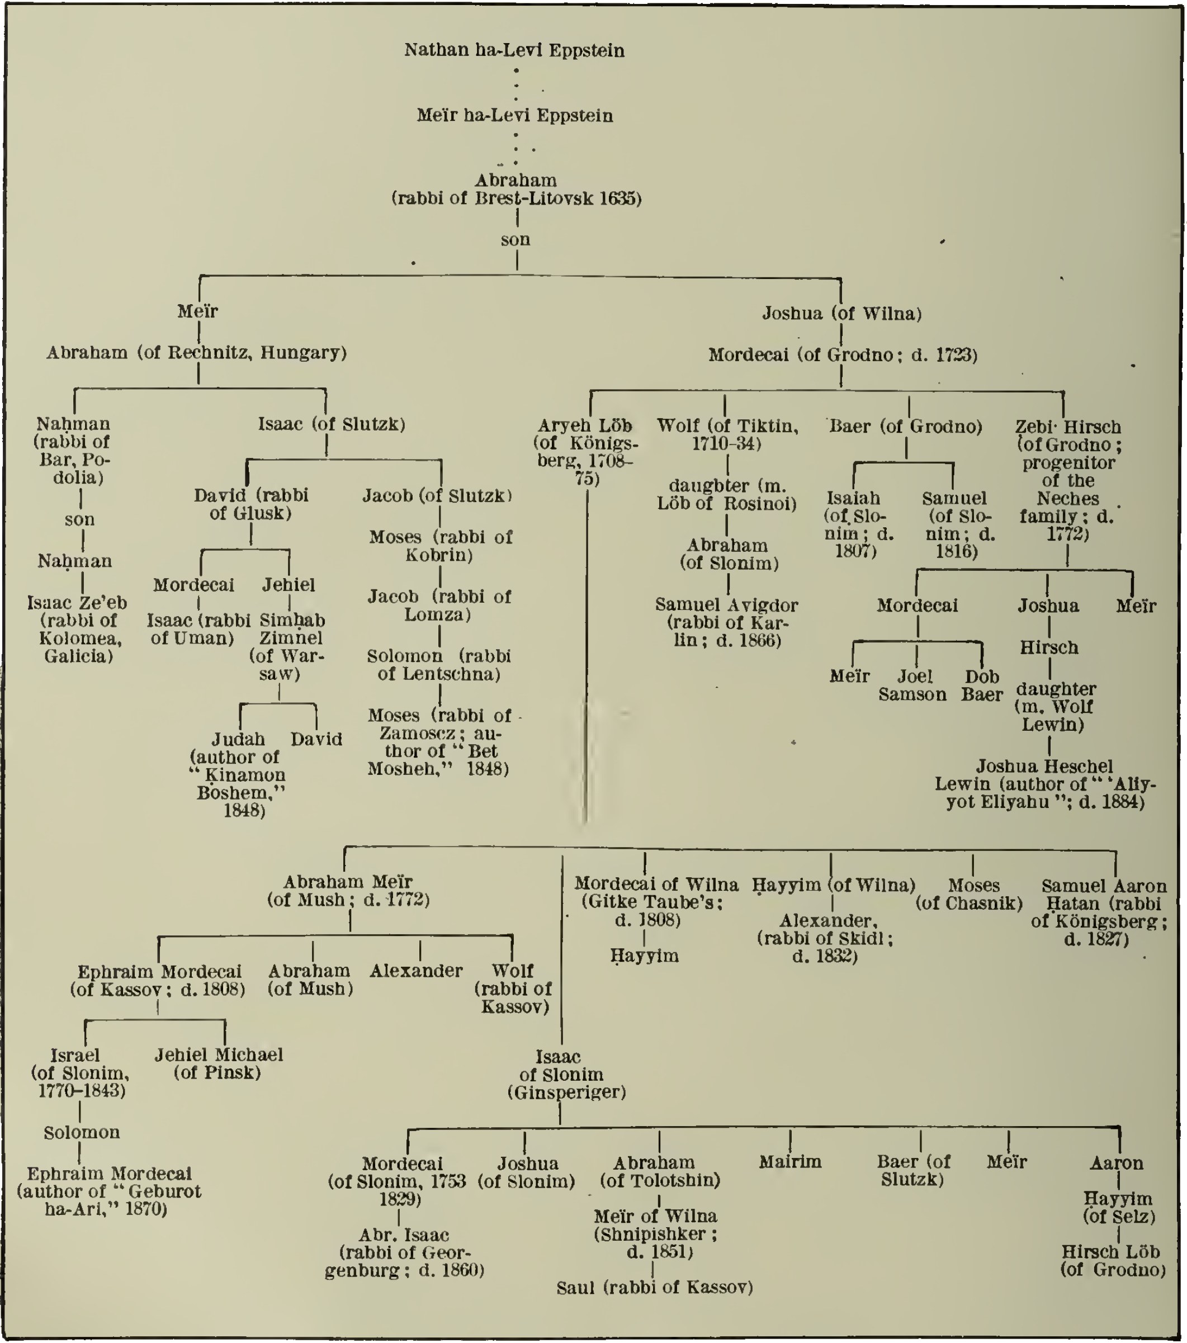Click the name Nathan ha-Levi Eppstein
pyautogui.click(x=514, y=50)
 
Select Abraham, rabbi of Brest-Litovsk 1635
pyautogui.click(x=516, y=189)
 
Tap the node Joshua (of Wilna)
pyautogui.click(x=841, y=314)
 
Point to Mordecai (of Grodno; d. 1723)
pyautogui.click(x=842, y=356)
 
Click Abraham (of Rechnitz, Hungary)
pyautogui.click(x=196, y=353)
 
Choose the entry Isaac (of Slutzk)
pyautogui.click(x=331, y=424)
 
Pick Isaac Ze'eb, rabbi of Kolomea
pyautogui.click(x=77, y=629)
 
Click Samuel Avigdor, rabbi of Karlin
pyautogui.click(x=726, y=622)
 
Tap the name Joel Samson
pyautogui.click(x=913, y=685)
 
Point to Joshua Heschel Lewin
pyautogui.click(x=1044, y=784)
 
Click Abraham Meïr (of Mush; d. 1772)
pyautogui.click(x=348, y=890)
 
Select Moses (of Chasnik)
pyautogui.click(x=970, y=894)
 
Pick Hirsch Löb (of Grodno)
pyautogui.click(x=1113, y=1260)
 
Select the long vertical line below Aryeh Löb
pyautogui.click(x=586, y=657)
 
